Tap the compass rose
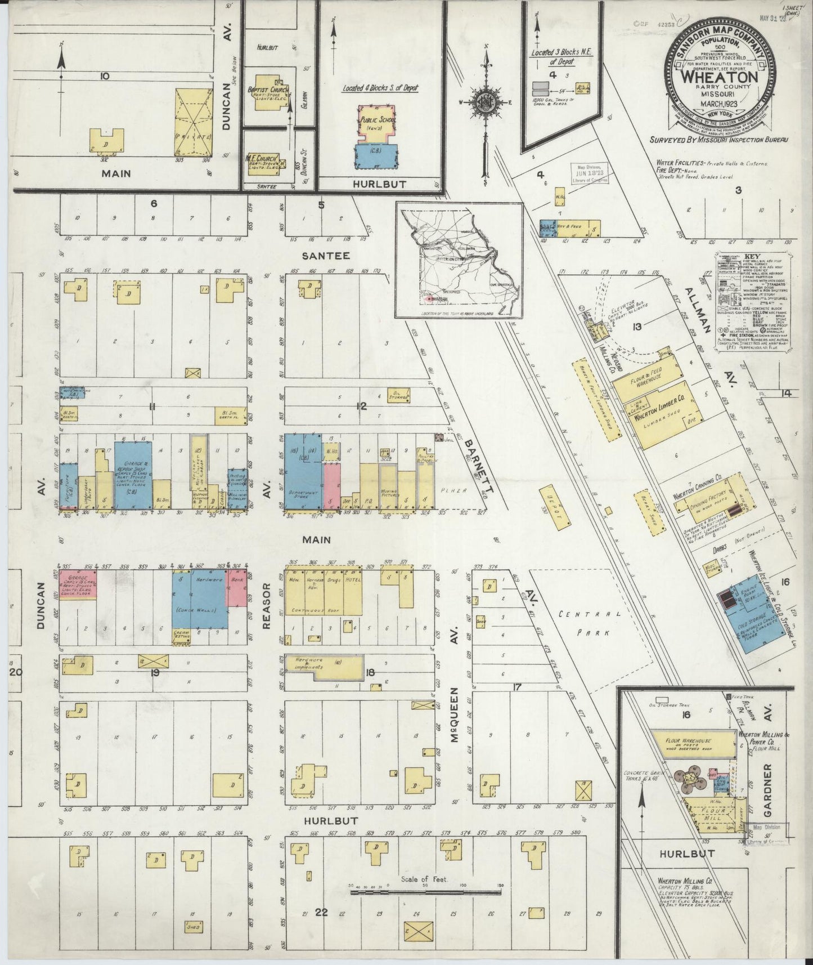(x=486, y=102)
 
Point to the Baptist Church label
(x=268, y=90)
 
